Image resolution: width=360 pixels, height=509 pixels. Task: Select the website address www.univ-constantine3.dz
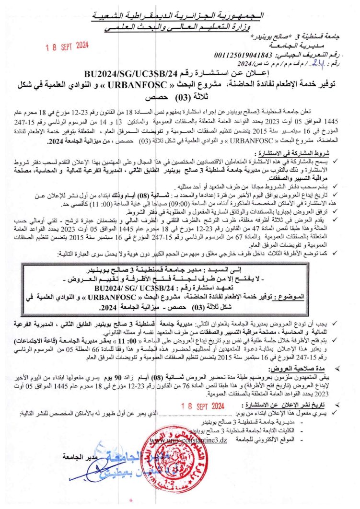click(188, 440)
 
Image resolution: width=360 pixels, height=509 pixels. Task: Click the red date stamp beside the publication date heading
click(203, 406)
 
